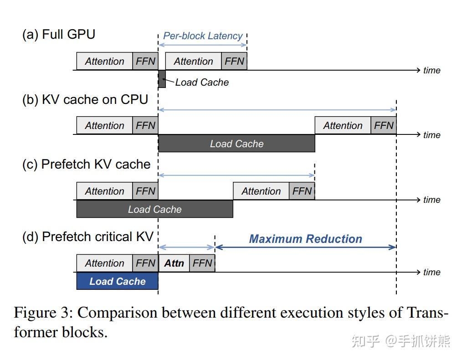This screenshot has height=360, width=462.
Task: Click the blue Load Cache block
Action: coord(117,281)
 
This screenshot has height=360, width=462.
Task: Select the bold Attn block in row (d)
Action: coord(174,263)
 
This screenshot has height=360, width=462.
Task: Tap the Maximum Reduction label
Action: coord(305,239)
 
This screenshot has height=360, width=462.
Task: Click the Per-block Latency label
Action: coord(203,36)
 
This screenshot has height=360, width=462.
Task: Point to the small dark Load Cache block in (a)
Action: coord(162,79)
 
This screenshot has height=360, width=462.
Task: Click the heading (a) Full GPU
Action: coord(59,34)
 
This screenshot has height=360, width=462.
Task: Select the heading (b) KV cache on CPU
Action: coord(85,99)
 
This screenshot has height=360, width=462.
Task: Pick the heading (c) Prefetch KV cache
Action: coord(86,164)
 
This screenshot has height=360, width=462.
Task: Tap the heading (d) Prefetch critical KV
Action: coord(88,237)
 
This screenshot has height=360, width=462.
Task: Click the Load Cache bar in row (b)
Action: coord(236,144)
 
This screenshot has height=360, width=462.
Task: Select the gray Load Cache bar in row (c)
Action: coord(154,209)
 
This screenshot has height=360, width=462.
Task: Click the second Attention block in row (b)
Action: coord(343,126)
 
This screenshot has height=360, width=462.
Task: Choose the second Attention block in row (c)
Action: coord(261,191)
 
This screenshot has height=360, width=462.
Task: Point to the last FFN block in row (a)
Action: coord(234,62)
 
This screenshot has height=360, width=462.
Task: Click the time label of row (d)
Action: coord(431,272)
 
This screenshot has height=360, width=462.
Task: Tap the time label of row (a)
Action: coord(431,70)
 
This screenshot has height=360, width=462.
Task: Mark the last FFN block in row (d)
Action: coord(202,263)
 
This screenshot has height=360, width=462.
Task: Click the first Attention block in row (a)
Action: coord(104,62)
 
